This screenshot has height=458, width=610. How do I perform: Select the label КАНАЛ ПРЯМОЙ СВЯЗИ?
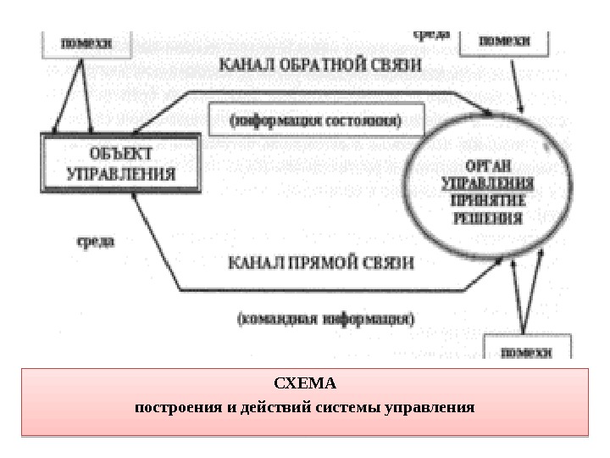click(x=321, y=264)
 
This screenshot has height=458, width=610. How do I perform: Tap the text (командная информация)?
click(x=325, y=320)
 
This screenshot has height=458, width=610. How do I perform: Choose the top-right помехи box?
click(x=504, y=40)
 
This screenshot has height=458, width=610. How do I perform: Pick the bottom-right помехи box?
click(x=526, y=349)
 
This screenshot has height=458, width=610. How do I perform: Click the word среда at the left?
click(x=91, y=240)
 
